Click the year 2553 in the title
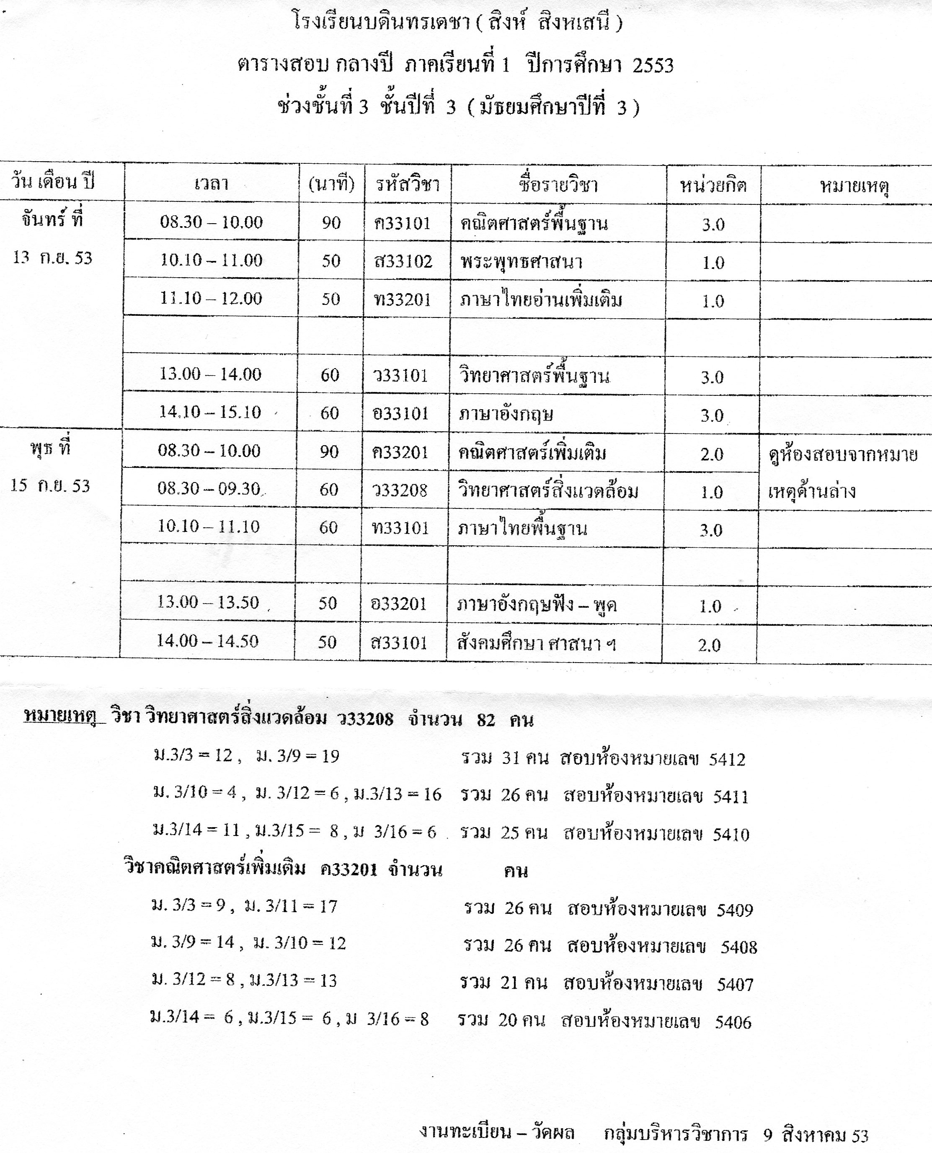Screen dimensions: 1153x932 coord(652,65)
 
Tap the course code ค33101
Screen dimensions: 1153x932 coord(403,223)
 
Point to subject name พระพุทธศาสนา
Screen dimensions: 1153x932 coord(521,262)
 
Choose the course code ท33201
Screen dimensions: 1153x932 coord(403,299)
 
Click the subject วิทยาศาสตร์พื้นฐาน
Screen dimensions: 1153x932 coord(534,376)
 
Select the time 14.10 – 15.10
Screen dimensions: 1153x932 coord(209,412)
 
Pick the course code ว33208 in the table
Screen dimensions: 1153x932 coord(400,490)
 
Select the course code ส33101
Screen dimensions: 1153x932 coord(399,643)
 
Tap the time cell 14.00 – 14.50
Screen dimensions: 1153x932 coord(207,641)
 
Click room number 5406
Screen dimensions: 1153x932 coord(733,1022)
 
